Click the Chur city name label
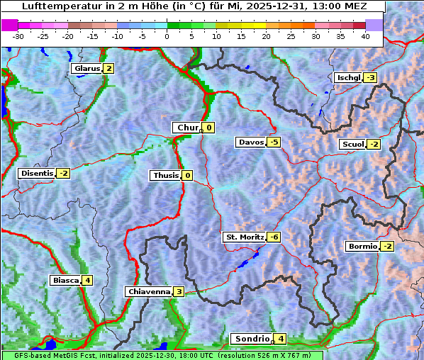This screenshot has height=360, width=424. pyautogui.click(x=187, y=128)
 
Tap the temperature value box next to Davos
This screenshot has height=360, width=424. pyautogui.click(x=274, y=142)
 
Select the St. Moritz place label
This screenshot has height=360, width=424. pyautogui.click(x=244, y=237)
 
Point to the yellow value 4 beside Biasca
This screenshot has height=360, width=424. pyautogui.click(x=87, y=280)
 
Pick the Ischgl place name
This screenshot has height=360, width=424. pyautogui.click(x=348, y=77)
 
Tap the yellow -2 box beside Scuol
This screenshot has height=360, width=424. pyautogui.click(x=374, y=145)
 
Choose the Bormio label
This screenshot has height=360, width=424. pyautogui.click(x=362, y=247)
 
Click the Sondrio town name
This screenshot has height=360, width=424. pyautogui.click(x=252, y=339)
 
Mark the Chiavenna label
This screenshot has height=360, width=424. pyautogui.click(x=149, y=291)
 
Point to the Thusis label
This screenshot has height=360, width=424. pyautogui.click(x=165, y=175)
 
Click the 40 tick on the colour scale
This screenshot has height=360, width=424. pyautogui.click(x=365, y=35)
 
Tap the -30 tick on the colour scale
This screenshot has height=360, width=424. pyautogui.click(x=18, y=35)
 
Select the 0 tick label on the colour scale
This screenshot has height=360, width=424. pyautogui.click(x=167, y=35)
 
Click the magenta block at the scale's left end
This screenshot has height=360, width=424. pyautogui.click(x=10, y=24)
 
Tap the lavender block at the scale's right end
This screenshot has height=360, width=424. pyautogui.click(x=374, y=24)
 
